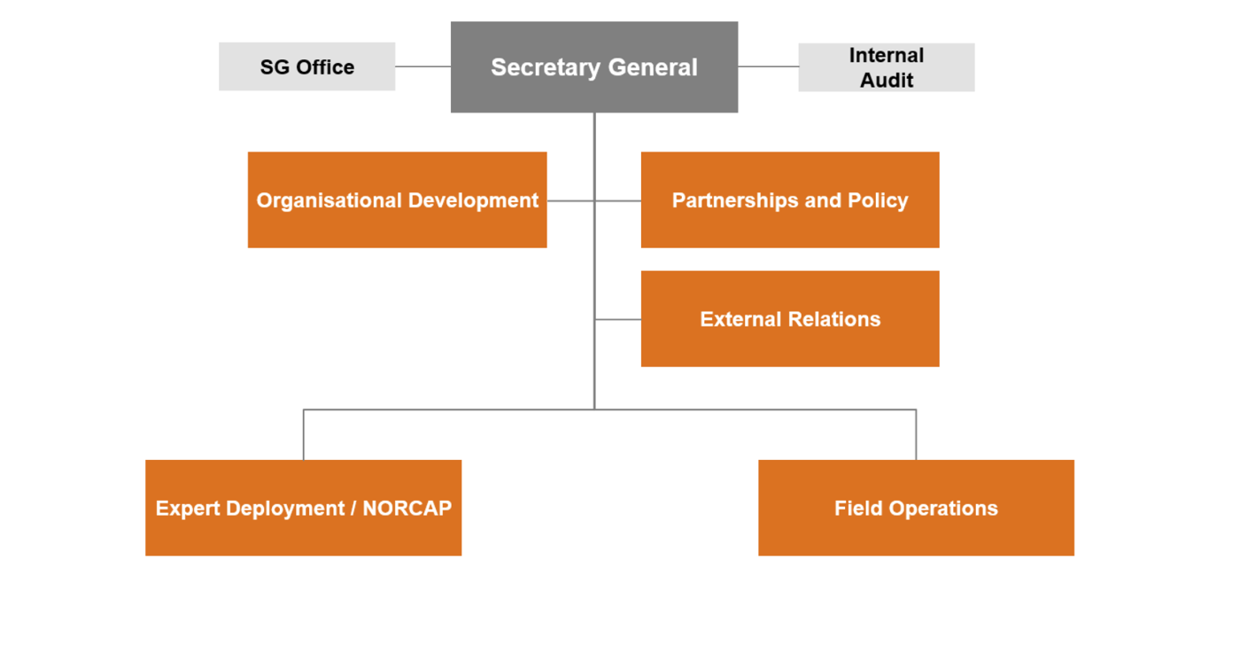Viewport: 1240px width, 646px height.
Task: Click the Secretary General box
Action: (594, 67)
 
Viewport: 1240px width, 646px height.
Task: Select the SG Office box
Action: (306, 66)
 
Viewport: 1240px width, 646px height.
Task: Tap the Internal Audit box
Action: (887, 67)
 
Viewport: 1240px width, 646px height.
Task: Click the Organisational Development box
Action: (397, 200)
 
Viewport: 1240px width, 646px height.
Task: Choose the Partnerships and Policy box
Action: (790, 200)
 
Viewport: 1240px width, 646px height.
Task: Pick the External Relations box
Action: (790, 318)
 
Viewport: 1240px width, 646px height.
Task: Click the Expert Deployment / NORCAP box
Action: (303, 508)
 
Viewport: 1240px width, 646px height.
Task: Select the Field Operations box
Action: (916, 508)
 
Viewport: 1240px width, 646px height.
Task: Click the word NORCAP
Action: (407, 508)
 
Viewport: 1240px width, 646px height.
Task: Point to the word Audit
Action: (887, 81)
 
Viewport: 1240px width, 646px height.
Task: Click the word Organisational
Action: (329, 200)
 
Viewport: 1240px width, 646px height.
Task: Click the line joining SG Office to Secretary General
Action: (423, 66)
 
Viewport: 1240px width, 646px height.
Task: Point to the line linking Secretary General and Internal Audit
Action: (769, 66)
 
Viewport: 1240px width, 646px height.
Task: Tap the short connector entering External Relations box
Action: (618, 319)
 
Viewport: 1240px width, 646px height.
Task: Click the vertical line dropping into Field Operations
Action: (916, 435)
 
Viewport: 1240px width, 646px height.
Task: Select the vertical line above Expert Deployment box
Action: (303, 435)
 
